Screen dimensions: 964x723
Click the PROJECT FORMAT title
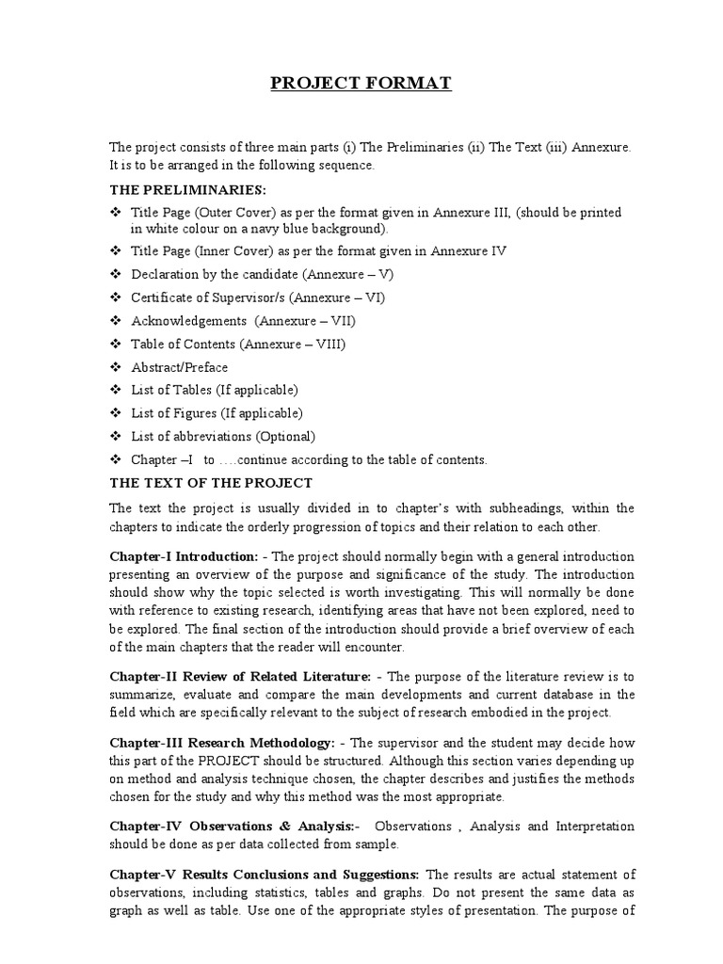[x=361, y=85]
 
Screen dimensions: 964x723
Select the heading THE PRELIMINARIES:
[x=180, y=189]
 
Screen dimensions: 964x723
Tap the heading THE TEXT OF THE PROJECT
[x=211, y=483]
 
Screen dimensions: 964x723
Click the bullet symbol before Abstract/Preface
[x=115, y=367]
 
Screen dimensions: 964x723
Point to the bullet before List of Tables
[x=115, y=390]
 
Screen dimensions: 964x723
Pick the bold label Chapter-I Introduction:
[x=184, y=556]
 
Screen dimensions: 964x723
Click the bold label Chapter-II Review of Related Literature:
[x=240, y=676]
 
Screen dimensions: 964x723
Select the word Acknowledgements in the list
[x=184, y=321]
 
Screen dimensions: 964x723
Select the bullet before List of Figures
[x=115, y=413]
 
